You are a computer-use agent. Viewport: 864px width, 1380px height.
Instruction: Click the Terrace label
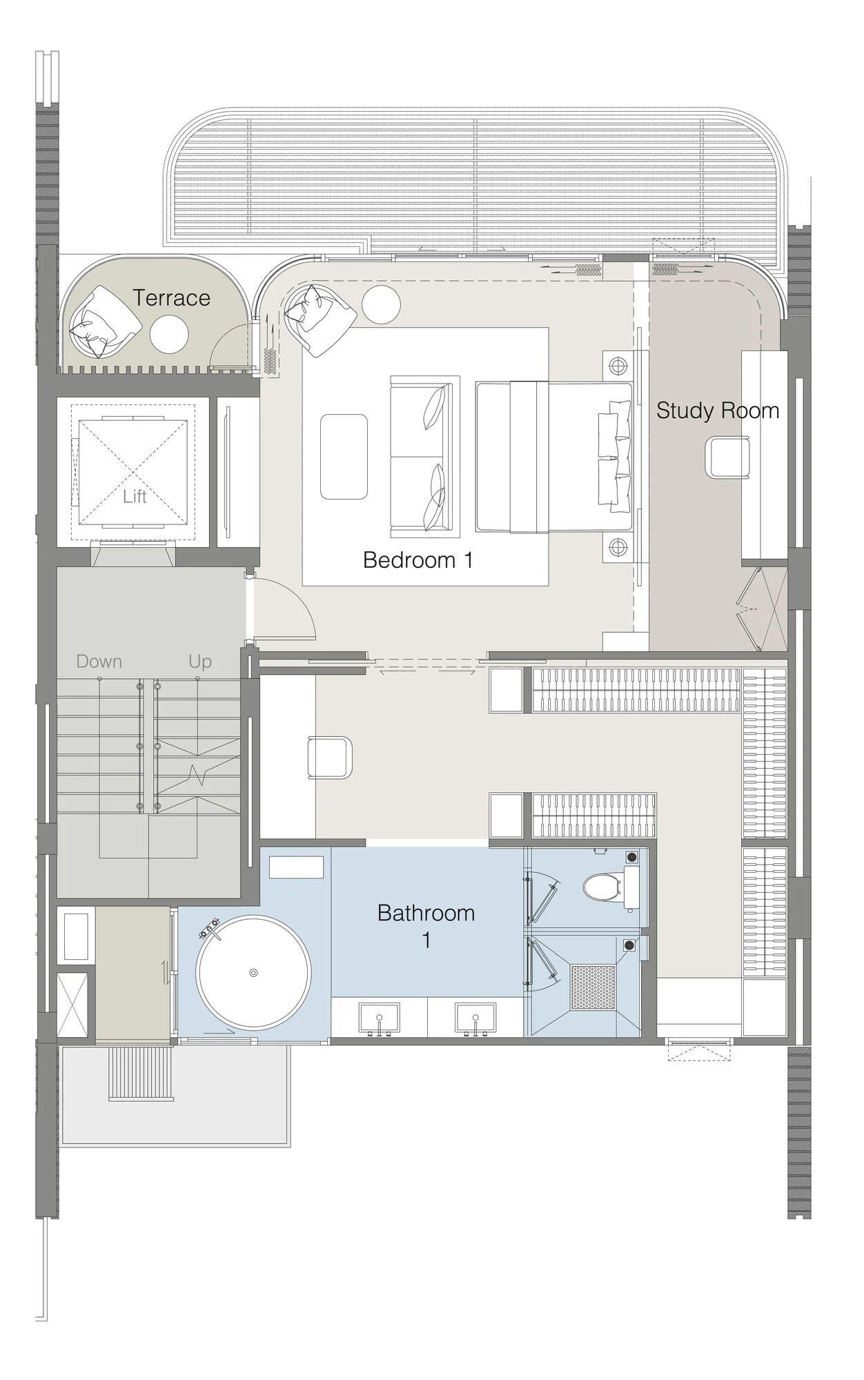click(171, 298)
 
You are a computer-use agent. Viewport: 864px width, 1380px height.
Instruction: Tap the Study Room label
click(718, 411)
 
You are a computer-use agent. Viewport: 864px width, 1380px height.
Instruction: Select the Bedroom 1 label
click(418, 560)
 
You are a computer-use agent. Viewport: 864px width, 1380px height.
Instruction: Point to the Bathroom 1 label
click(426, 926)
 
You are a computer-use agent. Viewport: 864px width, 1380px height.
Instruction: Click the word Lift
click(135, 497)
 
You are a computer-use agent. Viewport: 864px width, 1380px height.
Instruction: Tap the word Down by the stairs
click(99, 661)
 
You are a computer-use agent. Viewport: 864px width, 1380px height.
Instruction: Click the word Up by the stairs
click(200, 662)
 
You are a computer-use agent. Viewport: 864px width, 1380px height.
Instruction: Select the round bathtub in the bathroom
click(253, 973)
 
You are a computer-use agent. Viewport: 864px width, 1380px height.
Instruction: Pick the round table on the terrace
click(169, 334)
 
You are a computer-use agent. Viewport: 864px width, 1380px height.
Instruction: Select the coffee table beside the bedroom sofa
click(344, 456)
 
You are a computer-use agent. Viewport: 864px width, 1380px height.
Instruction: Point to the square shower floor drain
click(593, 987)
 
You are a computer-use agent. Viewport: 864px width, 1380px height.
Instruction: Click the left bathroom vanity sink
click(379, 1021)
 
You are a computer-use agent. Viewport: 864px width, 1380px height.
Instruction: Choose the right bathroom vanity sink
click(475, 1021)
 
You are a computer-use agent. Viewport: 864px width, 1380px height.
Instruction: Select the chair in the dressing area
click(330, 757)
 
